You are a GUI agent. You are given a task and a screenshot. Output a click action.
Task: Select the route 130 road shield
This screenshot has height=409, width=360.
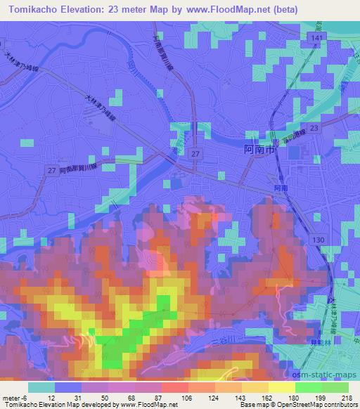319,241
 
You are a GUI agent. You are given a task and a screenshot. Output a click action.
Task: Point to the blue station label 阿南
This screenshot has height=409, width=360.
281,188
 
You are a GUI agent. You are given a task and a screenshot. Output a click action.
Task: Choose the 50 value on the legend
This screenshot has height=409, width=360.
105,398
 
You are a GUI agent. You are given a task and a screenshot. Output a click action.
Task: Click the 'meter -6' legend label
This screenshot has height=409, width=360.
14,398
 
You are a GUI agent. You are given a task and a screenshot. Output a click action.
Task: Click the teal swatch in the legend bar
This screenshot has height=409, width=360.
41,387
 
